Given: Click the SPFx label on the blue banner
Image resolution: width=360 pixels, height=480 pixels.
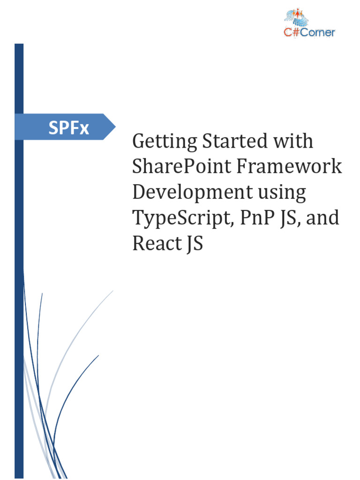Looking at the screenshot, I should (68, 127).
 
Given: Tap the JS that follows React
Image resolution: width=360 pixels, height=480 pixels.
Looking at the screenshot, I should (195, 244).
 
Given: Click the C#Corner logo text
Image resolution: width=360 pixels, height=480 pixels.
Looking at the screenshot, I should (310, 32).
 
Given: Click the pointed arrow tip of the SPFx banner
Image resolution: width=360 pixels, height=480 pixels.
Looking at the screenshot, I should (114, 127).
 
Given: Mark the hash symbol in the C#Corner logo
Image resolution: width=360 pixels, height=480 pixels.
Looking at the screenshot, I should (295, 32).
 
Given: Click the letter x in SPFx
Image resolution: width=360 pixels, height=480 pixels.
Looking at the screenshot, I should (84, 128).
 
